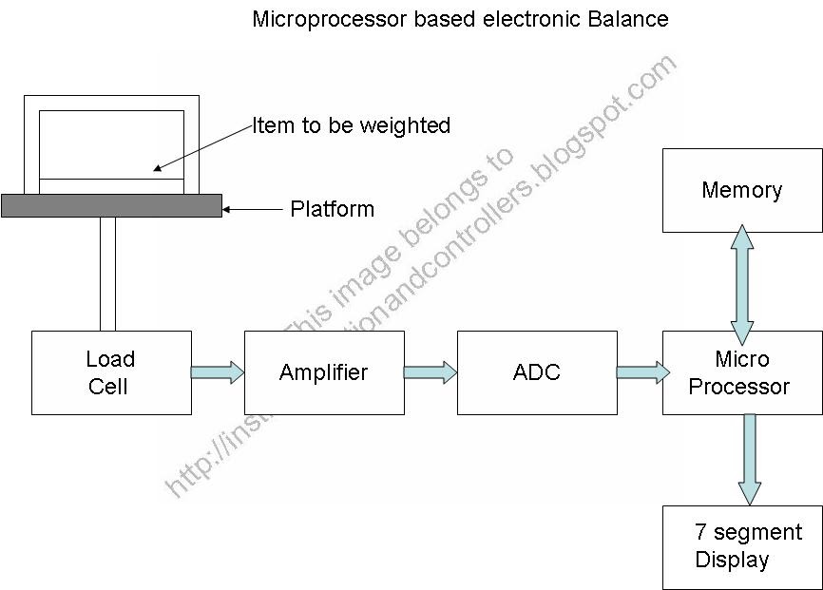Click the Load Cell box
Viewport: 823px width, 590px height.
click(x=111, y=372)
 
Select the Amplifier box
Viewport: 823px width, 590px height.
click(x=324, y=372)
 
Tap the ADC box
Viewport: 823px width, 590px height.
click(x=537, y=372)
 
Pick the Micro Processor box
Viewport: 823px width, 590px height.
click(x=742, y=372)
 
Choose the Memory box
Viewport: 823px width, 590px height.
click(x=742, y=190)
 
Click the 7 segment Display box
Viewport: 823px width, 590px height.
click(x=742, y=546)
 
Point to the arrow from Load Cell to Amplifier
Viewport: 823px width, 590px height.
click(x=218, y=371)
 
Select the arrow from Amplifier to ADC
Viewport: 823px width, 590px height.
click(x=431, y=371)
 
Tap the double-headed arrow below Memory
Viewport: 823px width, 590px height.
click(x=742, y=281)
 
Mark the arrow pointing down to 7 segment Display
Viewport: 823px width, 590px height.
click(x=750, y=460)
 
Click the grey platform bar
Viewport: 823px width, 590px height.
click(x=111, y=205)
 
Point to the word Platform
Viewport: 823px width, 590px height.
click(x=332, y=209)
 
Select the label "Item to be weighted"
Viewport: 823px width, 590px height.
click(x=351, y=125)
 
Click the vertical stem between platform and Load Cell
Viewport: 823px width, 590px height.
click(x=107, y=274)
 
